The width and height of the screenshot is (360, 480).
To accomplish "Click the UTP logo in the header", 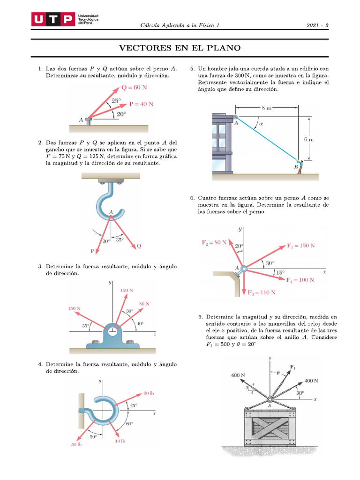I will [x=52, y=19].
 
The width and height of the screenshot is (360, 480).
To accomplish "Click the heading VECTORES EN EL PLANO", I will [x=180, y=48].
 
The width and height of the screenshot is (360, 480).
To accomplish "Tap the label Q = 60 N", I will [x=135, y=88].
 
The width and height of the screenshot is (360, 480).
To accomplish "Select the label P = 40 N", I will [x=141, y=105].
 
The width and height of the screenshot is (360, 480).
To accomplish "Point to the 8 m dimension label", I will [x=266, y=108].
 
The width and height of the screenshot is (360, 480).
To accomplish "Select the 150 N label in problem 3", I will [x=74, y=308].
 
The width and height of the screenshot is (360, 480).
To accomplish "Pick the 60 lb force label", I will [x=148, y=393].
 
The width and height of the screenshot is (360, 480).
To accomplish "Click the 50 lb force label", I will [x=76, y=444].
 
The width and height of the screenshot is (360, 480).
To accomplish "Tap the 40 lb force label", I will [x=120, y=441].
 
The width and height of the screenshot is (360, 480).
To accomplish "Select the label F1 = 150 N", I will [x=301, y=246].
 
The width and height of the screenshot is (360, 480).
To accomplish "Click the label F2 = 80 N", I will [x=214, y=242].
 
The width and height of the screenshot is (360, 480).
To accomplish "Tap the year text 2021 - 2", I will [x=317, y=25].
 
